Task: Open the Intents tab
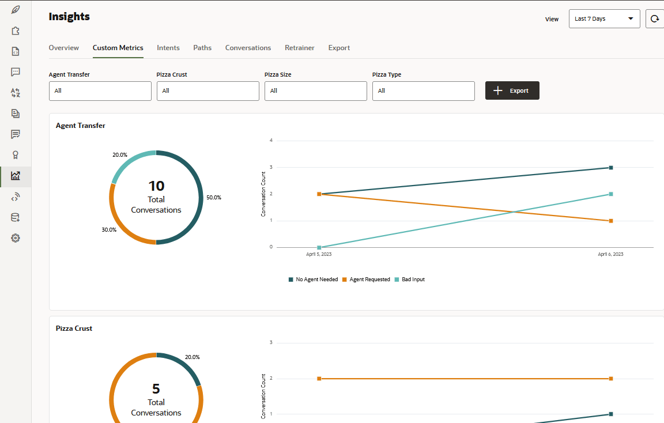coord(168,48)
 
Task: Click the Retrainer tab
coord(299,48)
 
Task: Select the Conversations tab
coord(248,48)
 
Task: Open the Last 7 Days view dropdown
coord(604,18)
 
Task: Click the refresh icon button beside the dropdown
coord(655,18)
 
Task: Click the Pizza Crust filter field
coord(207,90)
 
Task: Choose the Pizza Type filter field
coord(423,90)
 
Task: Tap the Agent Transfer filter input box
coord(100,90)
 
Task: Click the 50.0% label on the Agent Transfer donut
coord(214,198)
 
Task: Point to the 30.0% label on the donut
coord(109,229)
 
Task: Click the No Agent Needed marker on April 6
coord(610,168)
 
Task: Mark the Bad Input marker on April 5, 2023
coord(319,247)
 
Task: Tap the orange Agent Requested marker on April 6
coord(610,221)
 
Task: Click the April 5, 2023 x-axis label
coord(319,254)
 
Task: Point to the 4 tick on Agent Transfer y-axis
coord(271,141)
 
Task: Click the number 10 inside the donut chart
coord(156,186)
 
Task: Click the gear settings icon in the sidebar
coord(16,238)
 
